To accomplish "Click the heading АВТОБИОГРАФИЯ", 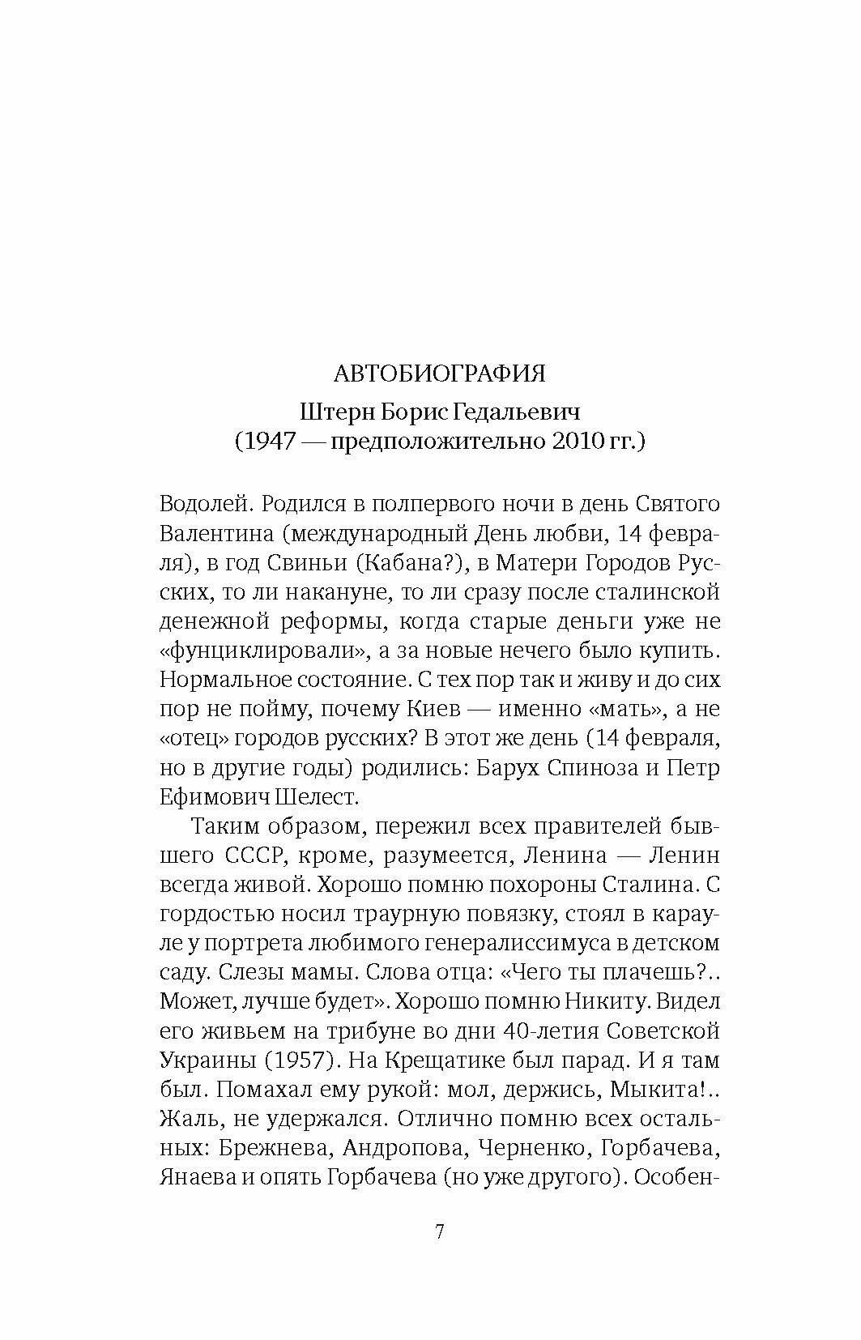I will [440, 373].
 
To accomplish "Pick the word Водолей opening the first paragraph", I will [199, 504].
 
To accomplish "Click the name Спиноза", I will [583, 767].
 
